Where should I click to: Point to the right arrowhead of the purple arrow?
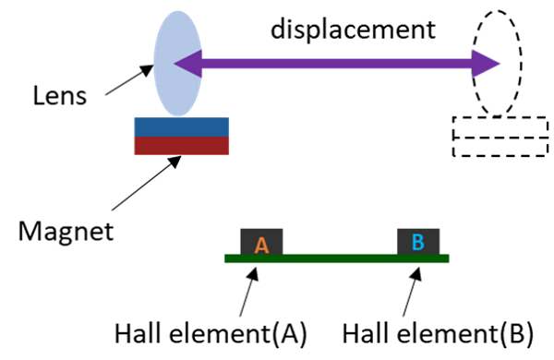(488, 64)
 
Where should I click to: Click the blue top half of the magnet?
(182, 127)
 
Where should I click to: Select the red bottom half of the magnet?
(182, 146)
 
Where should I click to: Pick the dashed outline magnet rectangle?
(498, 138)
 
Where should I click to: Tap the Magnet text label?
(70, 230)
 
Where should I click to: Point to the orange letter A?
(261, 245)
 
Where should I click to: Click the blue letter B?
(417, 242)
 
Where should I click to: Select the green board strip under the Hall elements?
(336, 258)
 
